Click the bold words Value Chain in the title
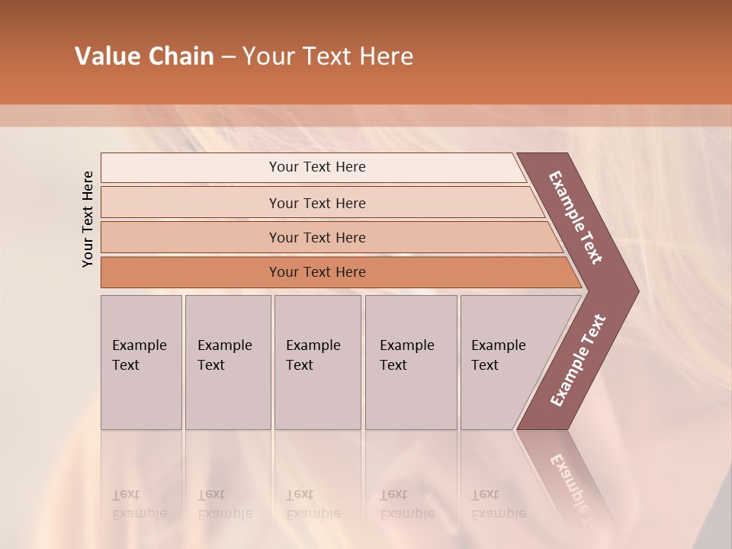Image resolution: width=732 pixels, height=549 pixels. [144, 56]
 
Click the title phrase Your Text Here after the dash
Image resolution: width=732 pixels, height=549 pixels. [328, 56]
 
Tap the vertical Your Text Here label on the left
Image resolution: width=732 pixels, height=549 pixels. [88, 220]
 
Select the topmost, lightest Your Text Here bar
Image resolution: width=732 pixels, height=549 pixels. [317, 167]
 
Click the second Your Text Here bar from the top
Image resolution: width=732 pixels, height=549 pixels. [317, 203]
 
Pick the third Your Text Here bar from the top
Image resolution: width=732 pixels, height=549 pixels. [317, 237]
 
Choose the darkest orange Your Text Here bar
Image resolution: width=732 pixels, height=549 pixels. [317, 272]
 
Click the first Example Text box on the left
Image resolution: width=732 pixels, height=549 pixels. [141, 362]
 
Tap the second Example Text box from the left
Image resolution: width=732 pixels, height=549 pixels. [228, 362]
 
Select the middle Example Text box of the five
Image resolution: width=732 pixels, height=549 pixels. [317, 362]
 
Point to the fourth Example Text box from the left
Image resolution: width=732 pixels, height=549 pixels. [411, 362]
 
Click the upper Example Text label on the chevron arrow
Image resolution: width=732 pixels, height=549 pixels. [576, 218]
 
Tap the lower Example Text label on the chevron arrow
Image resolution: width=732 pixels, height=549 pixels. [577, 361]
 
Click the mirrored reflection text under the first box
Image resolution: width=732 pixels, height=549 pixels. [139, 504]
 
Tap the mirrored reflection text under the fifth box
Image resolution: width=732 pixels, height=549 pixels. [499, 504]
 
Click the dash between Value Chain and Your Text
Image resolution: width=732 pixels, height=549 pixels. [228, 57]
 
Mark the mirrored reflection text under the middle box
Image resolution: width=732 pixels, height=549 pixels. [313, 504]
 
